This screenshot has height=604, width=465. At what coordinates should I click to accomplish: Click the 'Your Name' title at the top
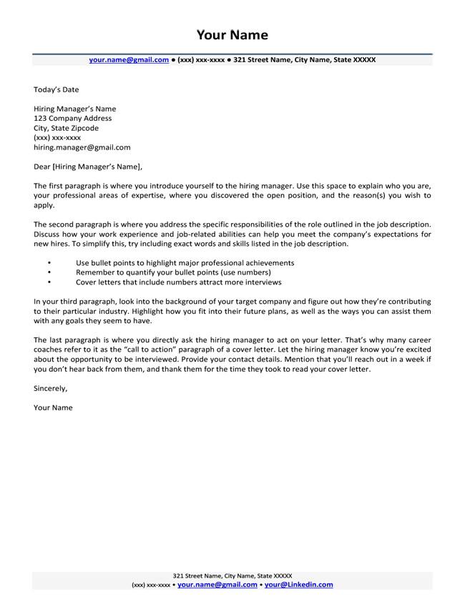tap(232, 35)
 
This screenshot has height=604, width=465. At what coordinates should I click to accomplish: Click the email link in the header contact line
tap(128, 60)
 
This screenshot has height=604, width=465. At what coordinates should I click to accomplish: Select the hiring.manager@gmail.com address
tap(82, 147)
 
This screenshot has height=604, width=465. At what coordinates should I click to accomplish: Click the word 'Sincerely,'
tap(51, 389)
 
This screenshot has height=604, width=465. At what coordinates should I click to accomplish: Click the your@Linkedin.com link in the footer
tap(298, 584)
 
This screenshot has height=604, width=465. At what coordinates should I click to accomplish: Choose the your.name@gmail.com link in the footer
tap(217, 584)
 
